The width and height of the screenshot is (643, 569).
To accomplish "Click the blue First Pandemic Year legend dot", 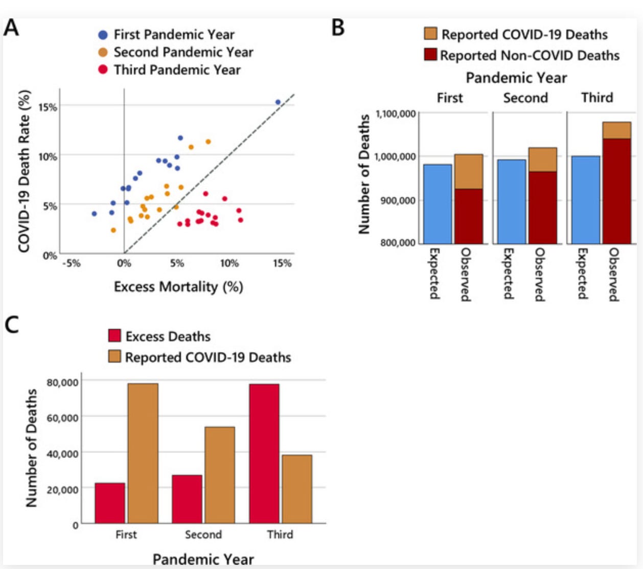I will point(103,35).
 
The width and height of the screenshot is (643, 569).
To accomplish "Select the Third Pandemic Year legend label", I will point(177,69).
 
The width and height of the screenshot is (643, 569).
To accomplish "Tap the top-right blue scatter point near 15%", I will point(278,102).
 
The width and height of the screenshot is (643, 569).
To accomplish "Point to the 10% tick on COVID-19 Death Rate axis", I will point(48,156).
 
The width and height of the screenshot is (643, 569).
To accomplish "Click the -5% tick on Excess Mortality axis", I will point(71,263).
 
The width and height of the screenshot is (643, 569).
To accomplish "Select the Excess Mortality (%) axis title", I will point(178,287).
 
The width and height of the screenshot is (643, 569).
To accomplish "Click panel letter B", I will point(338,28).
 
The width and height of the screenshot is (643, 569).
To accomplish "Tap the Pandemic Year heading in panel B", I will point(516,78).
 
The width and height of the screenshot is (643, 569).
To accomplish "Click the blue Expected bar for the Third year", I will point(585,200).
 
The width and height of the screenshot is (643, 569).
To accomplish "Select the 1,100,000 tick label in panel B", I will point(396,113).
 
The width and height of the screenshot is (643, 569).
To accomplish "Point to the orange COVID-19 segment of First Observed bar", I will point(468,172).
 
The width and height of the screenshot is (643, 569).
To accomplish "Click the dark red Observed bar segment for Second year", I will point(542,207).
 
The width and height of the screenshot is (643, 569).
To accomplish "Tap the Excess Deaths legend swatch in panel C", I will point(114,336).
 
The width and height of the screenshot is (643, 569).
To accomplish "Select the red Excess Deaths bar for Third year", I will point(264,453).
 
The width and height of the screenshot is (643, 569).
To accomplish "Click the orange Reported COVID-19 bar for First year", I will point(143,453).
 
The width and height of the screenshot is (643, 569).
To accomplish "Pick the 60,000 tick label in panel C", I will point(62,418).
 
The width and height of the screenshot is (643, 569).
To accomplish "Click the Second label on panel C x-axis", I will point(203,534).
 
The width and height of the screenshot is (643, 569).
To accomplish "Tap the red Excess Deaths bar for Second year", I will point(187,499).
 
